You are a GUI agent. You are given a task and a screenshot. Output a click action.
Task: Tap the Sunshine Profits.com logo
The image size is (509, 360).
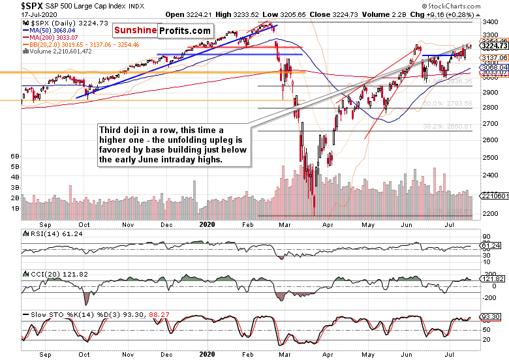tap(162, 31)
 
